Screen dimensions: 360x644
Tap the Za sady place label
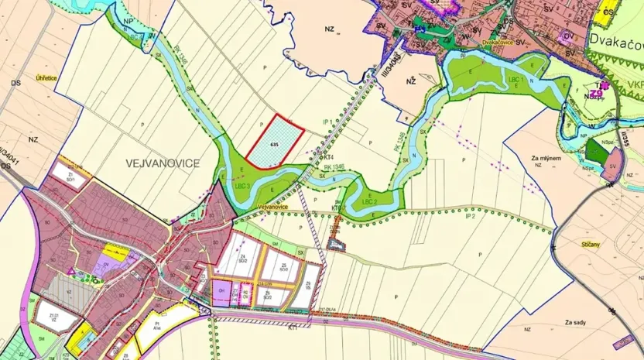pos(577,322)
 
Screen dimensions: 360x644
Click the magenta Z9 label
pos(596,94)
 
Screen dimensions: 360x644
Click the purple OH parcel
pos(222,292)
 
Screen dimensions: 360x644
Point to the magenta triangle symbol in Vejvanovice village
pos(72,271)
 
